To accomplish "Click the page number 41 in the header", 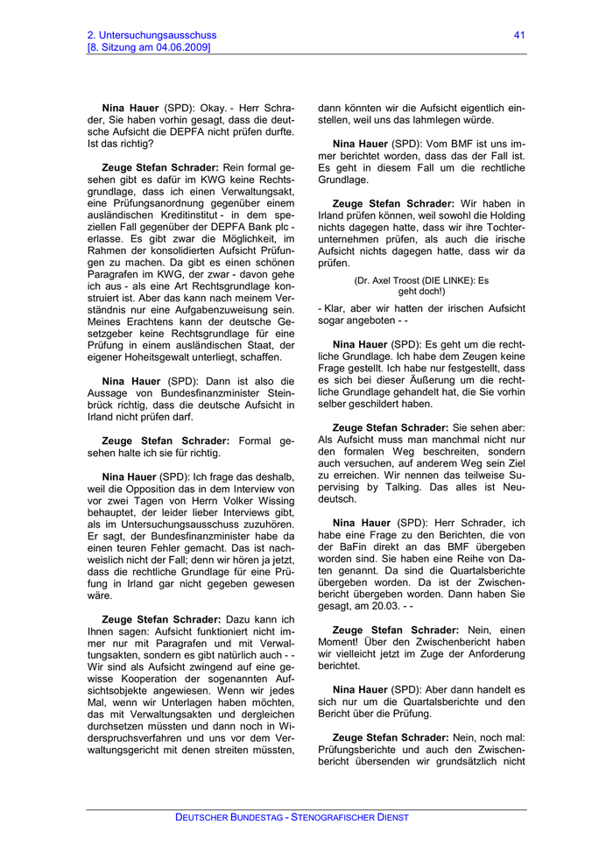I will click(519, 35).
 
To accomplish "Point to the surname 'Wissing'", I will click(273, 501).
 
